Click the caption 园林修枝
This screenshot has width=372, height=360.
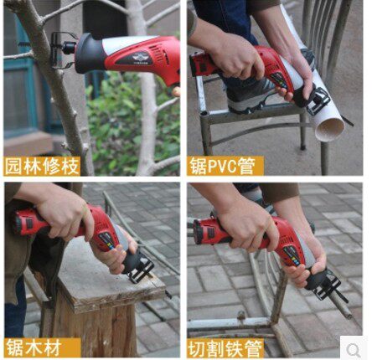point(42,167)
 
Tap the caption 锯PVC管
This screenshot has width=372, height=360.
point(222,166)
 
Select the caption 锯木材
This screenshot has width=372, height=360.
point(34,347)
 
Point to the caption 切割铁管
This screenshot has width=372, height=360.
point(225,348)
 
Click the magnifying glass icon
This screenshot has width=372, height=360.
point(354,350)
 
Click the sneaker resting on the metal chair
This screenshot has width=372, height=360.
point(250,95)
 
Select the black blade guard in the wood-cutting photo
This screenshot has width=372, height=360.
point(141,266)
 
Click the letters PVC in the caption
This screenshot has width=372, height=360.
point(222,167)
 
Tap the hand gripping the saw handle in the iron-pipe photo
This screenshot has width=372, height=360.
point(245,224)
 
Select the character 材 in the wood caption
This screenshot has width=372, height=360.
point(52,347)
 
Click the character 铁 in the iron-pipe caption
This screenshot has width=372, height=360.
point(234,348)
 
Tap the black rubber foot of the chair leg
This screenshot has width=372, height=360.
point(303,147)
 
